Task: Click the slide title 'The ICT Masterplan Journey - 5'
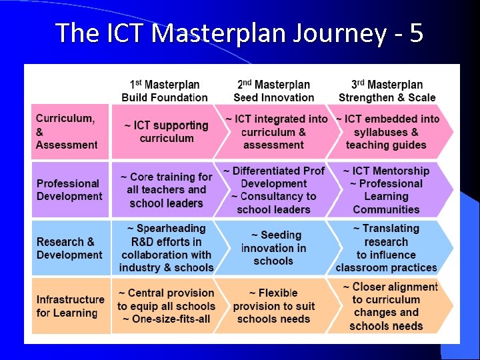239,32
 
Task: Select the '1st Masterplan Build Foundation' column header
165,91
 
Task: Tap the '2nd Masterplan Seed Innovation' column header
273,91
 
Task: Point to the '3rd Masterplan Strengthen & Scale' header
387,91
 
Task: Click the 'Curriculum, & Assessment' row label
67,131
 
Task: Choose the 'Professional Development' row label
69,189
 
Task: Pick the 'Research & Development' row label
69,248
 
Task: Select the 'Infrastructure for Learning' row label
70,306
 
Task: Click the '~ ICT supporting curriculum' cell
166,131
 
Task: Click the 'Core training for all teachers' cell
166,190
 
